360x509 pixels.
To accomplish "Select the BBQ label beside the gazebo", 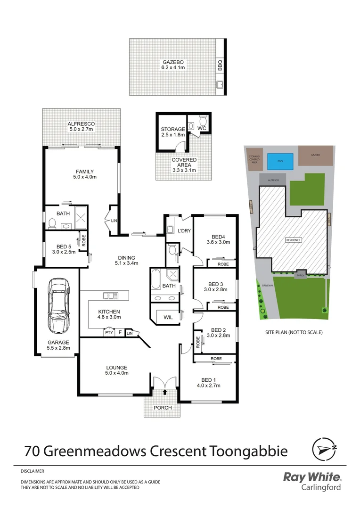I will click(220, 64).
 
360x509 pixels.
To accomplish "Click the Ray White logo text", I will click(312, 477).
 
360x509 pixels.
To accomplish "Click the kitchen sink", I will click(111, 296).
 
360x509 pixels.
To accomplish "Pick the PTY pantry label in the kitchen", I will click(109, 333).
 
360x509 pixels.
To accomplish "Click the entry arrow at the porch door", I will click(164, 391).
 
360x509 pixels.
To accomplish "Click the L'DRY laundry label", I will click(183, 231).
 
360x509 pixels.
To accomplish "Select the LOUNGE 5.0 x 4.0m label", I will click(116, 370).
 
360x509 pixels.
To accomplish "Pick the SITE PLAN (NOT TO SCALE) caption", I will click(294, 332).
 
